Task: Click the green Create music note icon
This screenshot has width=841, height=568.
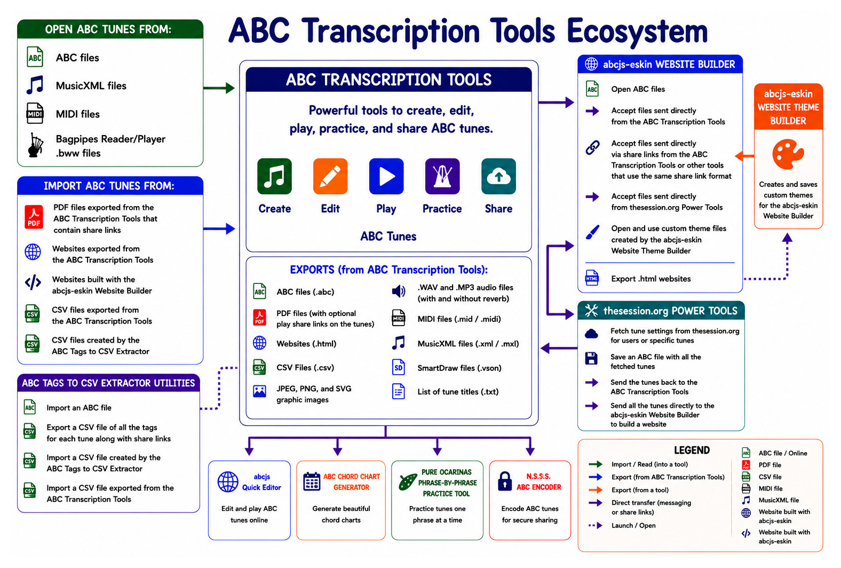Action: click(x=274, y=176)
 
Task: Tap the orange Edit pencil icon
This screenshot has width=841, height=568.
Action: click(x=330, y=176)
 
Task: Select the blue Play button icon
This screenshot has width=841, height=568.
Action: click(x=386, y=176)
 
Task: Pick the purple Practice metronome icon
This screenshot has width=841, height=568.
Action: click(x=442, y=176)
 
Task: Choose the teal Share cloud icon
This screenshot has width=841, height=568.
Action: click(x=498, y=176)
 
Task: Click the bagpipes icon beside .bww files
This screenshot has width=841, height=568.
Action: click(x=35, y=145)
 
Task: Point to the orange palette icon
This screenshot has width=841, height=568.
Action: click(x=788, y=154)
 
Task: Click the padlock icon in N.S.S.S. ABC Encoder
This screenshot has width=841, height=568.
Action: click(x=505, y=481)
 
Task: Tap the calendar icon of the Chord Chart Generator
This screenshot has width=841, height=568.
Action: click(x=312, y=481)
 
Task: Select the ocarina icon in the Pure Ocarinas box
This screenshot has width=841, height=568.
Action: click(x=407, y=482)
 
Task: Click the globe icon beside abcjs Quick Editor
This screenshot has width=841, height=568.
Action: click(x=228, y=482)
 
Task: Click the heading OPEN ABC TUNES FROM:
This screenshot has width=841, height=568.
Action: click(x=108, y=29)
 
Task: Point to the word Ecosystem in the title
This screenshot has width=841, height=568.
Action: click(x=637, y=31)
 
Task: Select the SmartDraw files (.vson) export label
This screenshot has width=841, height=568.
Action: click(x=459, y=368)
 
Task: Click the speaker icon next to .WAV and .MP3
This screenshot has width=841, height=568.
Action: click(x=399, y=291)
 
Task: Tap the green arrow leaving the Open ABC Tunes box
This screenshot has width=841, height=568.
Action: click(x=219, y=88)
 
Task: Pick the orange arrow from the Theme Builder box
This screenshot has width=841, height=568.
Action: click(x=744, y=156)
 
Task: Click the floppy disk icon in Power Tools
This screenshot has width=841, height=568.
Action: click(x=591, y=358)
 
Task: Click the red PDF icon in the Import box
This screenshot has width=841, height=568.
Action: click(x=34, y=217)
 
